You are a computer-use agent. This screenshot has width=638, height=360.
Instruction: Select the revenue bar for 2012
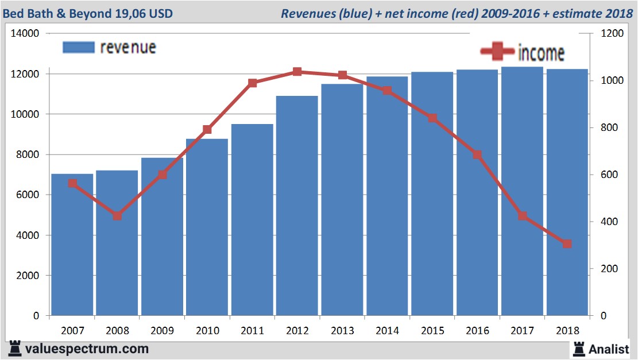click(297, 207)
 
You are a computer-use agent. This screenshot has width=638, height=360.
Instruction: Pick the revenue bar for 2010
click(207, 230)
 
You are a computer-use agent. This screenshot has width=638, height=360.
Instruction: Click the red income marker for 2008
click(117, 216)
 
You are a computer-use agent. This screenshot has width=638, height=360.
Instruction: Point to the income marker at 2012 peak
click(297, 72)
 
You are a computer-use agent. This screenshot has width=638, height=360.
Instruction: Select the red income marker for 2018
click(567, 244)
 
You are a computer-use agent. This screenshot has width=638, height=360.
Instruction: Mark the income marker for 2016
click(477, 154)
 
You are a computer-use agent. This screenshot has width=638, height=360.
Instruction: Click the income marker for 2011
click(252, 83)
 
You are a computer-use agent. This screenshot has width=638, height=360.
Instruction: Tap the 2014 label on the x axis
click(387, 331)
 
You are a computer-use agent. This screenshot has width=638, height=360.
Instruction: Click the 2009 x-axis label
click(162, 331)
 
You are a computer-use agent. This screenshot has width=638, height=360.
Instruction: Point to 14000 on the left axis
click(25, 34)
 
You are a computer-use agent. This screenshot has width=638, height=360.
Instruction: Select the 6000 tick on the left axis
click(27, 195)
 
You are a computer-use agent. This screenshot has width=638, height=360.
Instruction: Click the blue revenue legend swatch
click(78, 48)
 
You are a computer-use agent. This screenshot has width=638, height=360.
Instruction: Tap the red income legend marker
click(497, 52)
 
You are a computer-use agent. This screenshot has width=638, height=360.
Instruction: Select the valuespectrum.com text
click(87, 349)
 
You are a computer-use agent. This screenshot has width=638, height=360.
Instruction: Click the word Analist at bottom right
click(609, 349)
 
